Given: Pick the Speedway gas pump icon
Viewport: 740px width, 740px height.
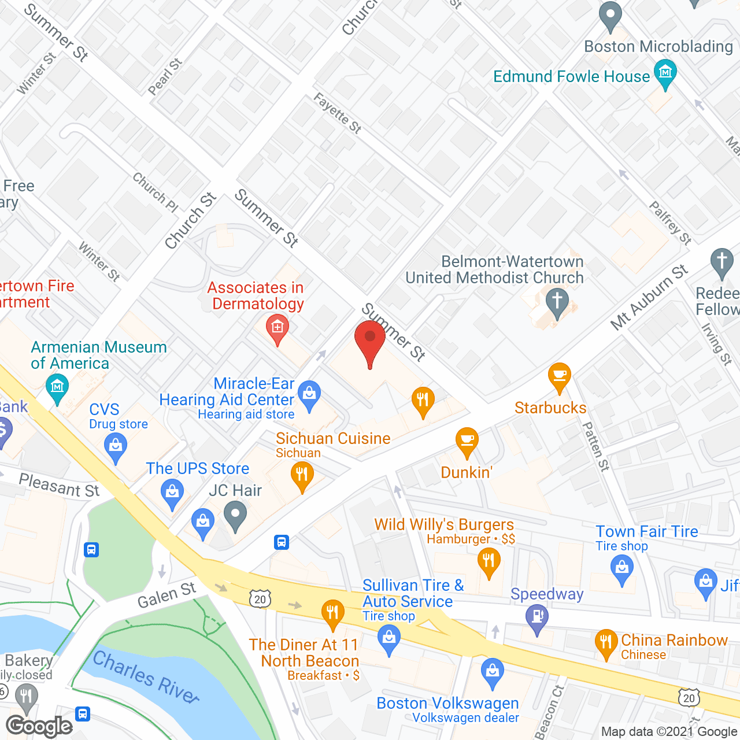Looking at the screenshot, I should pos(537,618).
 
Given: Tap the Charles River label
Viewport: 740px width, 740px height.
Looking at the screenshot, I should pos(146,676).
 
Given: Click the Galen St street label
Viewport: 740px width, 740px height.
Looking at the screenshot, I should pos(166,595).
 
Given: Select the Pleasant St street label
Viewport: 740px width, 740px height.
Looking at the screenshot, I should pos(59,485).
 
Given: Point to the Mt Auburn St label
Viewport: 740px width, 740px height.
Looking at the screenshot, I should pos(650,297).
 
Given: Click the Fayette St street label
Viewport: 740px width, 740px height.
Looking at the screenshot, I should pos(338,113).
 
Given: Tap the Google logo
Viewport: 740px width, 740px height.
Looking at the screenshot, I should pos(39,726).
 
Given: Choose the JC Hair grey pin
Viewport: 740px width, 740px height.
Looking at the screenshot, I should pos(235,516).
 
